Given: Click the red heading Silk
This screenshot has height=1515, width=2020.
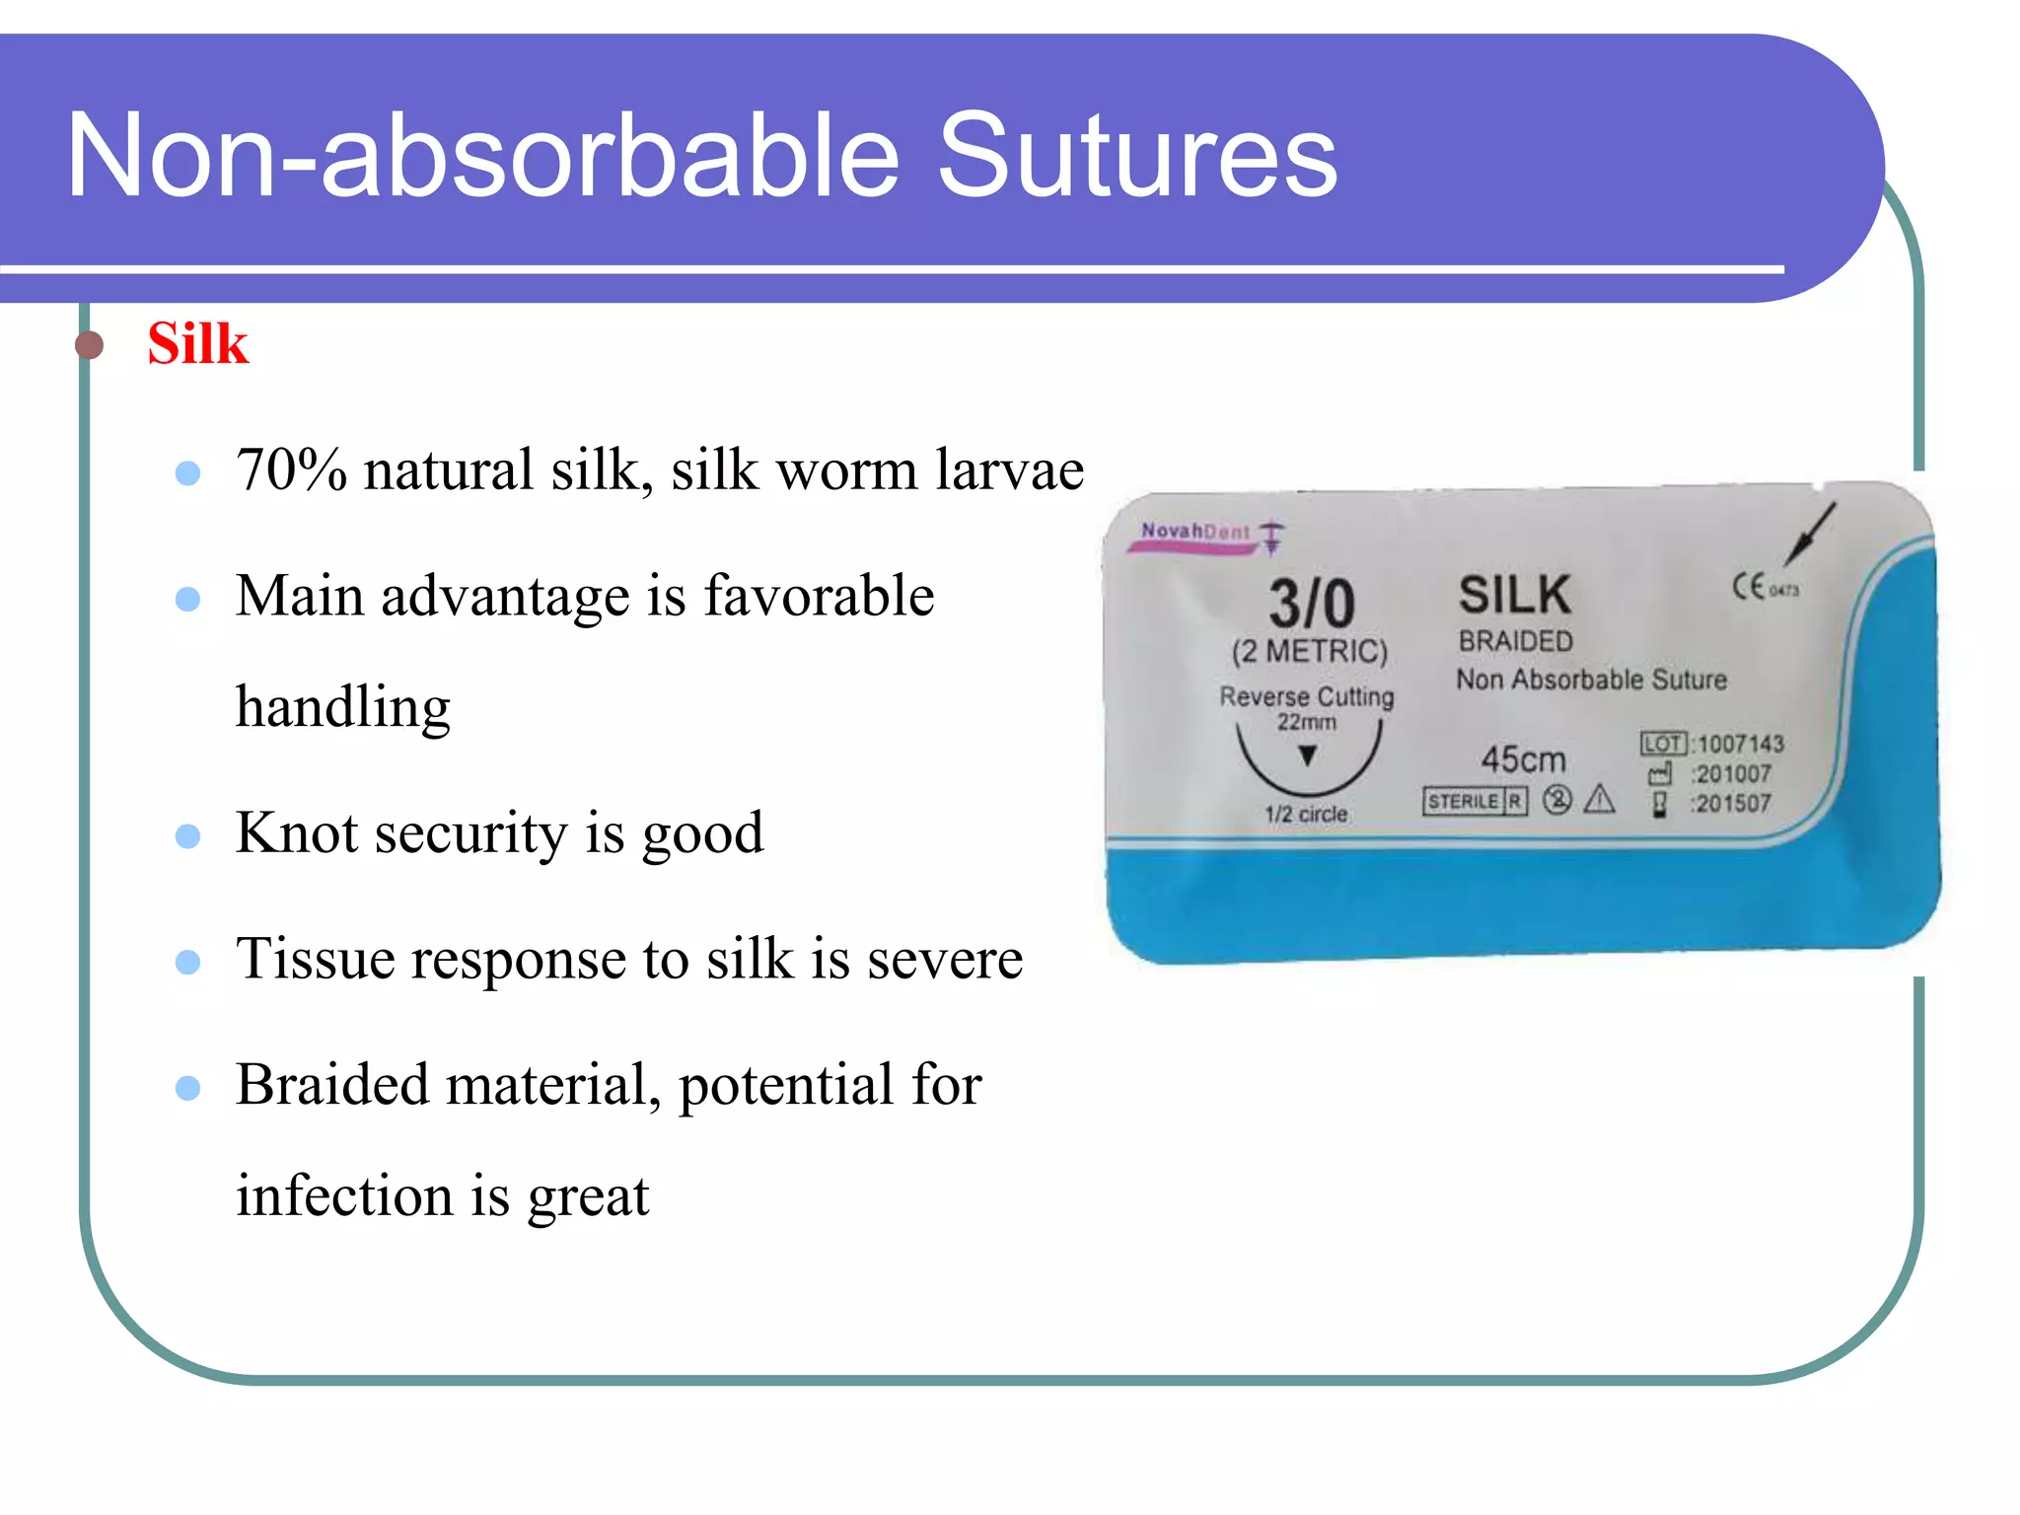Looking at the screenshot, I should click(197, 344).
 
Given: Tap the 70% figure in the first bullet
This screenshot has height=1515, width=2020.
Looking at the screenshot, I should click(291, 469).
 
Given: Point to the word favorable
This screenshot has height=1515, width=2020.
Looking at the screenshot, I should click(819, 596).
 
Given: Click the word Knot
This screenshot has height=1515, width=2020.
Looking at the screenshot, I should click(297, 833).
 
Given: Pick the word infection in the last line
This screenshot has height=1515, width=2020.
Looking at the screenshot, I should click(344, 1195).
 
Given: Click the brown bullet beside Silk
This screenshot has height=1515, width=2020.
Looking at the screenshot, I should click(90, 345).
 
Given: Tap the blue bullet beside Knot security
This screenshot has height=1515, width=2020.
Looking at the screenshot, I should click(187, 836).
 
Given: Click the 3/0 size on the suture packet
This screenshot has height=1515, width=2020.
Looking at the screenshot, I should click(1311, 603).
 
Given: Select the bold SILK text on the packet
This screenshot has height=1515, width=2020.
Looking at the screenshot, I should click(1514, 595).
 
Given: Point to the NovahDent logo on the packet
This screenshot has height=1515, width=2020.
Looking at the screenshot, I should click(1195, 532).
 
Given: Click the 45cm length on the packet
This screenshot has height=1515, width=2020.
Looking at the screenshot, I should click(1523, 759).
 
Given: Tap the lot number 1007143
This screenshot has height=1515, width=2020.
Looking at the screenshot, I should click(1741, 744).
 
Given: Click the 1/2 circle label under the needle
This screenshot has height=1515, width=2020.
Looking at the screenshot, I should click(1306, 815).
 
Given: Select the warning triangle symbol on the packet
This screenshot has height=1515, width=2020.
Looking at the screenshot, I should click(1599, 800).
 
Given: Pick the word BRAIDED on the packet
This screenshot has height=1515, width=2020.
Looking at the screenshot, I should click(1515, 641).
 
